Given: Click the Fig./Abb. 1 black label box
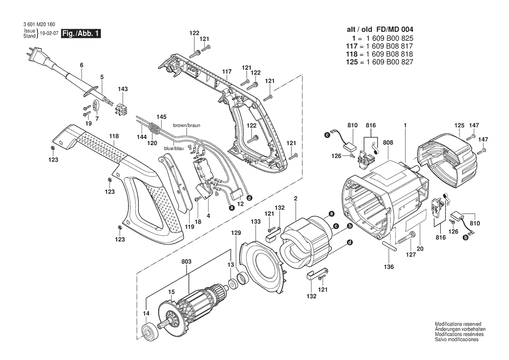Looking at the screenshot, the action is tap(81, 34).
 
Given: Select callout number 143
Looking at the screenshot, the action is tap(123, 89).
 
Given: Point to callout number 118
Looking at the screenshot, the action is tap(114, 136).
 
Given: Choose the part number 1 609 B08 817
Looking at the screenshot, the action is tap(390, 46).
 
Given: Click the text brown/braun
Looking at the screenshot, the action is tap(187, 125).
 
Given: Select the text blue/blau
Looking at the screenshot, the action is tap(174, 148).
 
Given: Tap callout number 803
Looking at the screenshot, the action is tap(186, 261).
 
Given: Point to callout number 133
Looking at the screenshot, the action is tap(256, 221).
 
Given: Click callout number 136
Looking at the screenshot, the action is tap(388, 267).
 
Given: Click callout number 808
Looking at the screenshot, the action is tap(388, 143).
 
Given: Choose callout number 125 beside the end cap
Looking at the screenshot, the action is tap(459, 125).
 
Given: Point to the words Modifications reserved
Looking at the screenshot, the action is tap(458, 324).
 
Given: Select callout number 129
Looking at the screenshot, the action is tap(236, 233).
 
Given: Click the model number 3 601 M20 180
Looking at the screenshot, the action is tap(39, 24).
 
